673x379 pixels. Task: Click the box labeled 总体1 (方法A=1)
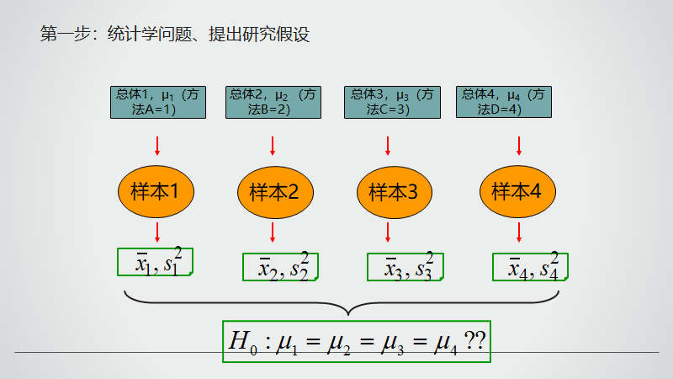(156, 102)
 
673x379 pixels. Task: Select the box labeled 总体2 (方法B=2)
(272, 102)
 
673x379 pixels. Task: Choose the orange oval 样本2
(274, 192)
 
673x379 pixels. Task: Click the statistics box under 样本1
(155, 262)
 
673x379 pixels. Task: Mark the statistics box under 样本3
(405, 267)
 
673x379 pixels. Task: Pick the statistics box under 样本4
(530, 267)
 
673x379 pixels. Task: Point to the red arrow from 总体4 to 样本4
(519, 147)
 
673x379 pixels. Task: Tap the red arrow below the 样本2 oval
(273, 232)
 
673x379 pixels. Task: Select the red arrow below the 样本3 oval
(388, 232)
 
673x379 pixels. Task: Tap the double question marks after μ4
(474, 340)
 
